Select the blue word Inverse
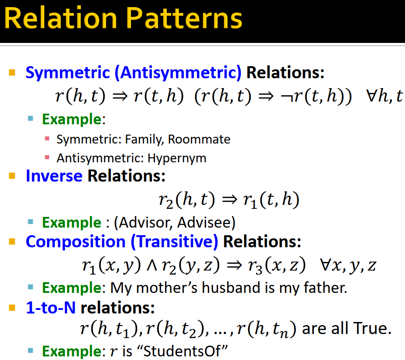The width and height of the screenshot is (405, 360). click(54, 176)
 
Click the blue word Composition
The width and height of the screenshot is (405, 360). click(76, 241)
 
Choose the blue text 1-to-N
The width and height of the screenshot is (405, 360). click(51, 308)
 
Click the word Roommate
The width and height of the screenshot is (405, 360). click(206, 140)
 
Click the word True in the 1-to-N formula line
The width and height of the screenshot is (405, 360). click(373, 329)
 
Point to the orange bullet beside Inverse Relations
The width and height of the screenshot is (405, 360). click(12, 176)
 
